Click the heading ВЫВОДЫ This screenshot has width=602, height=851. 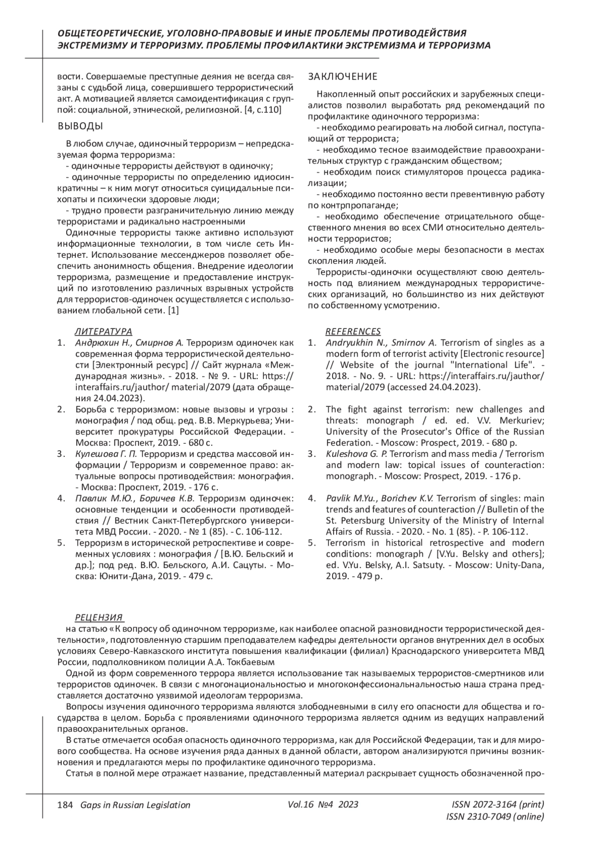[x=80, y=125]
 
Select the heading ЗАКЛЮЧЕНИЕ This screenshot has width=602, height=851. [x=343, y=77]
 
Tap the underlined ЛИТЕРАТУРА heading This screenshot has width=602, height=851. [x=103, y=331]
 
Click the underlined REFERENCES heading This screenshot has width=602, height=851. [x=353, y=331]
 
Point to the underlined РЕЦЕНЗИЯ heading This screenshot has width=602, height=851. [x=99, y=617]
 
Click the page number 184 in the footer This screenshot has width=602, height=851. [x=65, y=805]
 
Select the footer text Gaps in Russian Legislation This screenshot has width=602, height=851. [x=132, y=805]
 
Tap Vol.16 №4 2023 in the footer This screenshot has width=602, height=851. [x=323, y=804]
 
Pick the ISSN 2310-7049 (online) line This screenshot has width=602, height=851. [x=495, y=817]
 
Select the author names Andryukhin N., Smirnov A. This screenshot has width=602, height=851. [x=382, y=343]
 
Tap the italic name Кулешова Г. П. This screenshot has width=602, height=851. [x=106, y=454]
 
